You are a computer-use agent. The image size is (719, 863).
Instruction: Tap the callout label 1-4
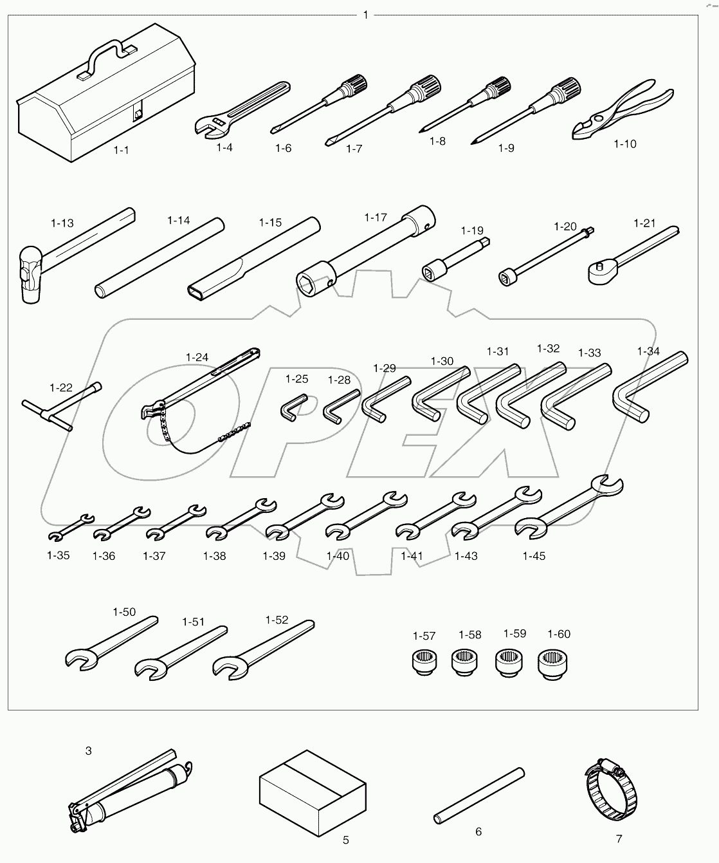[224, 147]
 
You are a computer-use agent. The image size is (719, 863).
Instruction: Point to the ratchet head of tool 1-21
[603, 271]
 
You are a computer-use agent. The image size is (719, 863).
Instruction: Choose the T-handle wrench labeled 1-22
[62, 410]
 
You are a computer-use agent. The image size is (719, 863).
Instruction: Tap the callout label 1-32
[548, 348]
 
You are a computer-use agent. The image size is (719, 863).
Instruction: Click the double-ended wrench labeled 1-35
[71, 526]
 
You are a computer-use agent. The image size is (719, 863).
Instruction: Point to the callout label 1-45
[533, 556]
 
